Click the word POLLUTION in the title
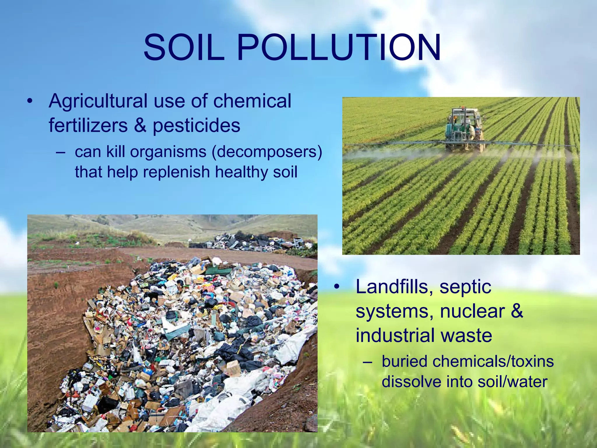[339, 48]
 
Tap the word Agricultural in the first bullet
[98, 101]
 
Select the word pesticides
[196, 126]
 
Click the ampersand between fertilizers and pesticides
[140, 125]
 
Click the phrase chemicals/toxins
[493, 362]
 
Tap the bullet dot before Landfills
[337, 287]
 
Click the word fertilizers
[88, 126]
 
